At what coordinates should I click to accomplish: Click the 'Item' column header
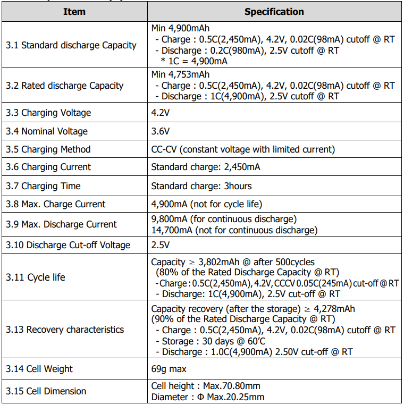point(74,12)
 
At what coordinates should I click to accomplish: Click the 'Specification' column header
point(274,12)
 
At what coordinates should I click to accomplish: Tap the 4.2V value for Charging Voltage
point(161,113)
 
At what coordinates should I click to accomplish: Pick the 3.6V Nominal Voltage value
point(161,131)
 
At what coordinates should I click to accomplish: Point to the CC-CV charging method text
point(243,149)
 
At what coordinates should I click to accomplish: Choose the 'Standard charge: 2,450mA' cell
point(206,167)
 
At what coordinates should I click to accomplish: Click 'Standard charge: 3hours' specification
point(201,186)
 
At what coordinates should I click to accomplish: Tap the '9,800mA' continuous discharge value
point(169,219)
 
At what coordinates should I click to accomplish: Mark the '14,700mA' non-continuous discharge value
point(171,230)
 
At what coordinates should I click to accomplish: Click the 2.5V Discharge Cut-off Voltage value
point(161,245)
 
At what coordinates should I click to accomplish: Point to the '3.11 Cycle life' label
point(36,277)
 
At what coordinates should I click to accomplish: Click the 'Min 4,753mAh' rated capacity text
point(180,74)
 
